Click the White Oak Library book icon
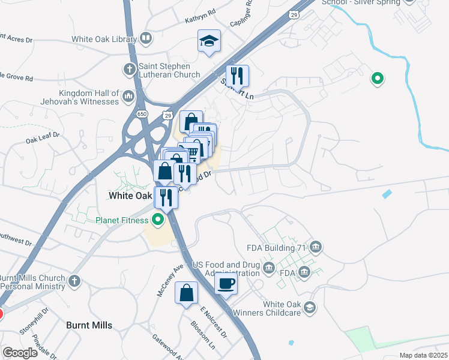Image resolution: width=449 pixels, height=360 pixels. click(145, 40)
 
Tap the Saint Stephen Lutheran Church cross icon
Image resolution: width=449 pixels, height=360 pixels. click(129, 70)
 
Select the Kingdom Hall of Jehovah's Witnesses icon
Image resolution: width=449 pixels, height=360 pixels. click(128, 96)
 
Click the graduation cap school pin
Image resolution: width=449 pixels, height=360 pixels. click(209, 41)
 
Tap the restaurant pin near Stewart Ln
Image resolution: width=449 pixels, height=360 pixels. click(238, 76)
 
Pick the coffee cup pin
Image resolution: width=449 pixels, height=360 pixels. click(226, 283)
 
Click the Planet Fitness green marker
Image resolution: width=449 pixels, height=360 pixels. click(158, 220)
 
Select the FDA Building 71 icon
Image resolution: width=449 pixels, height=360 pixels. click(316, 247)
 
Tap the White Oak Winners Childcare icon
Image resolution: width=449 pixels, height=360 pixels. click(310, 308)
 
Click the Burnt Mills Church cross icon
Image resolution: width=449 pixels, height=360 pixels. click(74, 281)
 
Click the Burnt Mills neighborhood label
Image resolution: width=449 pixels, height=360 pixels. click(89, 325)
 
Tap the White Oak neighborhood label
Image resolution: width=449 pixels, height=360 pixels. click(130, 196)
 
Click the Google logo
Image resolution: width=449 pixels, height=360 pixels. click(20, 353)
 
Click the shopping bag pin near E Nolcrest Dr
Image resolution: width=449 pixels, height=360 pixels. click(187, 293)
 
